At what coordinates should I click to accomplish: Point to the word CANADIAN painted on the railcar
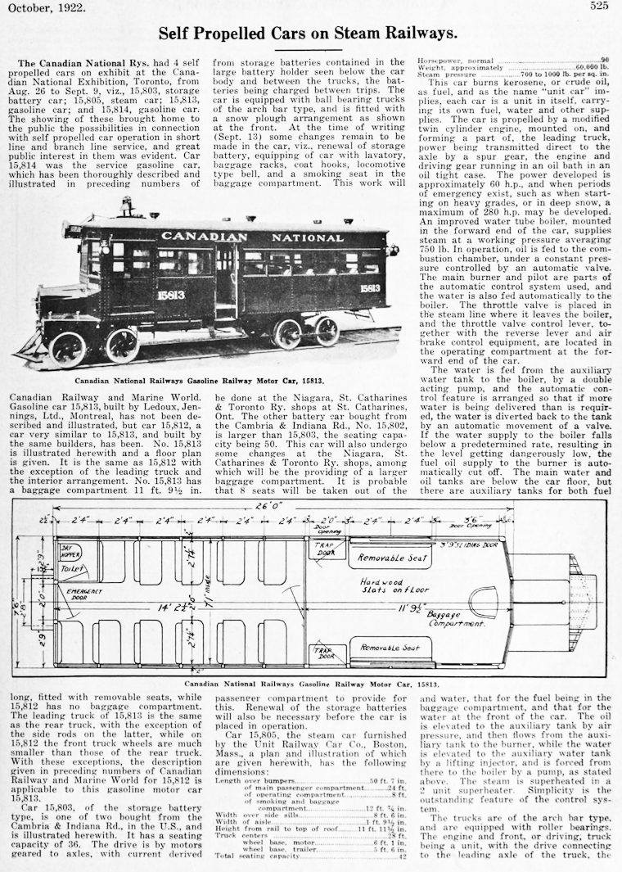204,237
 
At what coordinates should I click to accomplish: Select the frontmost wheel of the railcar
67,349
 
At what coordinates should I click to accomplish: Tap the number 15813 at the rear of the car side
369,288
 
